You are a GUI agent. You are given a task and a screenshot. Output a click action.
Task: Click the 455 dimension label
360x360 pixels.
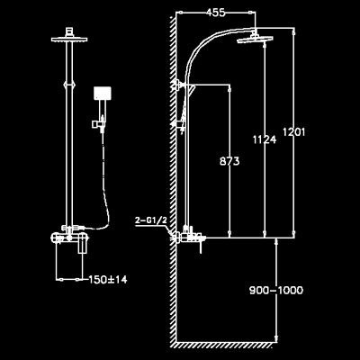tap(215, 13)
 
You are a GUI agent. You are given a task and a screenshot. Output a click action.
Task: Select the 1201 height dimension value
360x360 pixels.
tap(294, 131)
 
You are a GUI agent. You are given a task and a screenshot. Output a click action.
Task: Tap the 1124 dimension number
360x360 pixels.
tap(265, 139)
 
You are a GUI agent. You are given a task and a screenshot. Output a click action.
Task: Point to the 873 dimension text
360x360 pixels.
tap(229, 161)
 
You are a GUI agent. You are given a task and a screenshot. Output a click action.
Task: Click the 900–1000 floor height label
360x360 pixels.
tap(276, 290)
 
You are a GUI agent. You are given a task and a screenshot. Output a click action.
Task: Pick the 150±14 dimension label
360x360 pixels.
tap(108, 280)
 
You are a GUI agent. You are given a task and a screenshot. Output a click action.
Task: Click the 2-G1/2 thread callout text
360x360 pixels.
tap(150, 220)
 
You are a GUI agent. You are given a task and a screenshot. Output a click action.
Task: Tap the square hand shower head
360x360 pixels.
tap(103, 94)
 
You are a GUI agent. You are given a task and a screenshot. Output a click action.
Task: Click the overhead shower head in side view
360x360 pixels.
tap(255, 40)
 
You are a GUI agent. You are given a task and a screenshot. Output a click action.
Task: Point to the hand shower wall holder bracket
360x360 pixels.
tap(98, 123)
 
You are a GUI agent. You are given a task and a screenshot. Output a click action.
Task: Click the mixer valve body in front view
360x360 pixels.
tap(70, 238)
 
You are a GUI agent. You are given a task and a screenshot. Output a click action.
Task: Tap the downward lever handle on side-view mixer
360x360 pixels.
tap(201, 247)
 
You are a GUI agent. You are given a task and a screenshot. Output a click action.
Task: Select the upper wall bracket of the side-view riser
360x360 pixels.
tap(180, 85)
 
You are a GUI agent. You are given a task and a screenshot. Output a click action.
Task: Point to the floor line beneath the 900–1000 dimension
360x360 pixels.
tap(226, 341)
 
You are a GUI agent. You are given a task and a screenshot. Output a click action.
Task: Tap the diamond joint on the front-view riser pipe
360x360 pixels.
tap(69, 85)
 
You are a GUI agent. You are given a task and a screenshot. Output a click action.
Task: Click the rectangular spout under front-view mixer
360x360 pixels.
tap(83, 247)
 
